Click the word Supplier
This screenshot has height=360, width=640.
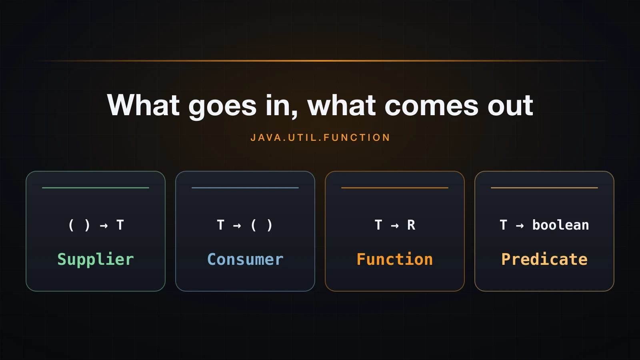point(96,260)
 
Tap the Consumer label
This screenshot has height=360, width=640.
point(245,260)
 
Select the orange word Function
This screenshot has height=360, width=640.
point(394,260)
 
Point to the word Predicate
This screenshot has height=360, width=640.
point(544,260)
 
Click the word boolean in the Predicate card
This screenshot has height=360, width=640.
point(560,225)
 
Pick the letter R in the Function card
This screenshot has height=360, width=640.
point(411,225)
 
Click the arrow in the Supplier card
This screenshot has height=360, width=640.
point(104,226)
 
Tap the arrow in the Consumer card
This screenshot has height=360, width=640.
point(237,226)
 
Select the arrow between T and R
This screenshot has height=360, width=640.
point(394,226)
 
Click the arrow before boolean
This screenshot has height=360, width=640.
point(520,226)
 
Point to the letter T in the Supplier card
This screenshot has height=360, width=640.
point(120,225)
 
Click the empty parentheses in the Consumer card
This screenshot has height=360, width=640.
point(262,225)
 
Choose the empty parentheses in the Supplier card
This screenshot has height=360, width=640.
point(79,225)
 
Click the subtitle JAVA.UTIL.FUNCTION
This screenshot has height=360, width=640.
point(320,138)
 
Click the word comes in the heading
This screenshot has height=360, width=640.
point(432,106)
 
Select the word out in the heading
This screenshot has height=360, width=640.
point(510,106)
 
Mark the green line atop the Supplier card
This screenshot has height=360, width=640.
point(96,188)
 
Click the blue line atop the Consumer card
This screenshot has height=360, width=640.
point(245,188)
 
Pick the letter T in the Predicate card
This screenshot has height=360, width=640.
point(504,225)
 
